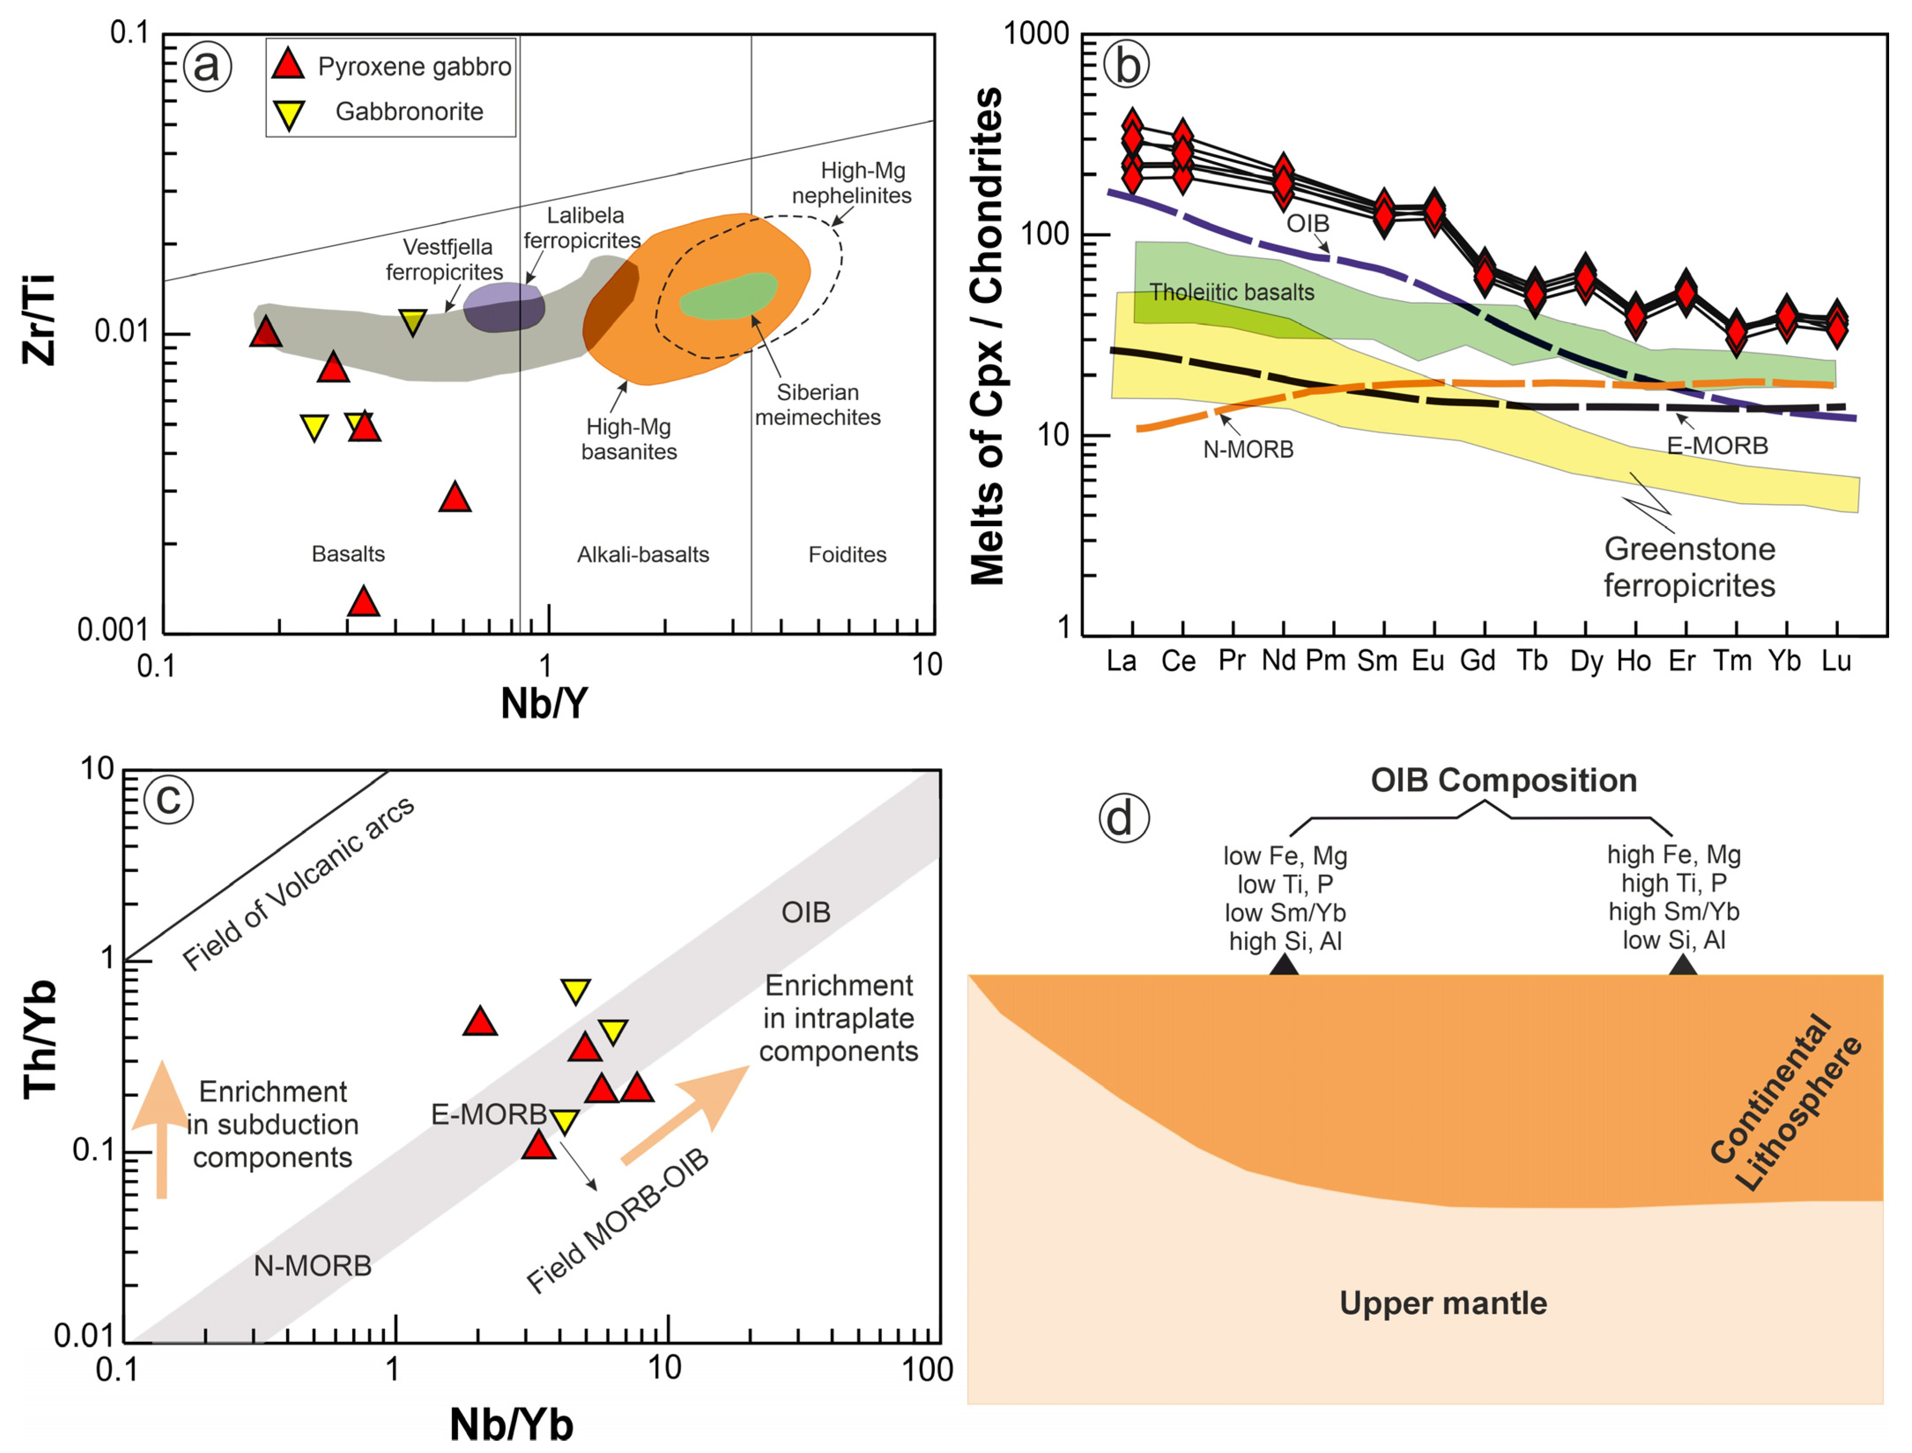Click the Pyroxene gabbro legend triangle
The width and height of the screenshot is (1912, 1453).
coord(288,64)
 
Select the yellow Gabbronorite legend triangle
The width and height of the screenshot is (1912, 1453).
coord(288,113)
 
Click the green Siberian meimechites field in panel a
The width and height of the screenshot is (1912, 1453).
coord(728,297)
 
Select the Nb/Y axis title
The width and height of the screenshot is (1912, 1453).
coord(543,704)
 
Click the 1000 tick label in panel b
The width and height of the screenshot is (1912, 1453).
coord(1036,35)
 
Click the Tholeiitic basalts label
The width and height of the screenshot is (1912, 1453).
coord(1231,292)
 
